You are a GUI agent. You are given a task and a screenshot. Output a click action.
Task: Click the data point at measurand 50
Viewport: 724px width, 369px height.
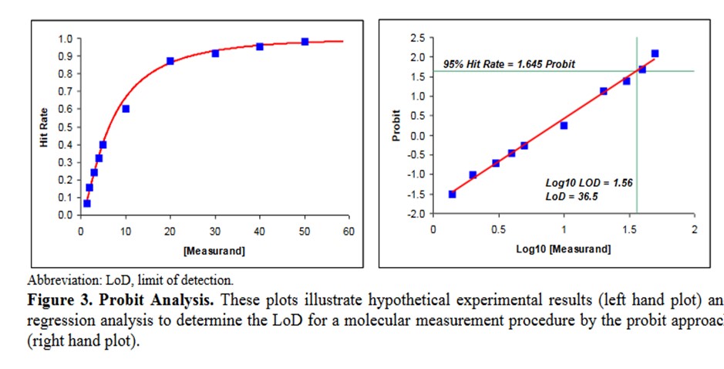click(x=305, y=42)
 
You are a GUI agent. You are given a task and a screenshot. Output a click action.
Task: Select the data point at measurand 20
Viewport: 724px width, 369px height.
click(x=170, y=60)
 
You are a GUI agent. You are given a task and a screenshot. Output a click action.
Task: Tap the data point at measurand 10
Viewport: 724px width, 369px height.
click(x=126, y=109)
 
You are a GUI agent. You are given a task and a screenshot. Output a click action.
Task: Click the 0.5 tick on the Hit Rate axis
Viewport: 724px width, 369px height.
click(x=66, y=127)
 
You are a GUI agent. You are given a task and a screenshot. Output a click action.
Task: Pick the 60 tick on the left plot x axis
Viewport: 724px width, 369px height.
click(x=349, y=230)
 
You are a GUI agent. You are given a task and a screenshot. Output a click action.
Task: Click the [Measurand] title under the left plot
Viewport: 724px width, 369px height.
click(x=214, y=251)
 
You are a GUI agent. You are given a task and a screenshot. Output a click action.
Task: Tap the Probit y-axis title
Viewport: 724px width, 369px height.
click(x=397, y=126)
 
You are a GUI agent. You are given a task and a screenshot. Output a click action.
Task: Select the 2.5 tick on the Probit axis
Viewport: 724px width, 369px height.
click(x=418, y=37)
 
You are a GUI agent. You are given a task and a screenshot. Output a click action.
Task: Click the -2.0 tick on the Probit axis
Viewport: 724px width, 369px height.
click(x=416, y=214)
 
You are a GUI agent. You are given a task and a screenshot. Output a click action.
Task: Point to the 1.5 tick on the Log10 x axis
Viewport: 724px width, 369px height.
click(x=629, y=230)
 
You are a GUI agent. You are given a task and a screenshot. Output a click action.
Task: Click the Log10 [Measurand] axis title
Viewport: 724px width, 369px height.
click(x=564, y=249)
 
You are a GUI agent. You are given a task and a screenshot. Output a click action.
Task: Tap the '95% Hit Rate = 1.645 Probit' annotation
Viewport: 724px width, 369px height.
click(x=509, y=64)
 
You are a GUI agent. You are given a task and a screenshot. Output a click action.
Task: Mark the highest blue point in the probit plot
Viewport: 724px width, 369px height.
click(x=655, y=53)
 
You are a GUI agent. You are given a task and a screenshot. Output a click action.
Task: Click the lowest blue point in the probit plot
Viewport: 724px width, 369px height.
click(x=452, y=194)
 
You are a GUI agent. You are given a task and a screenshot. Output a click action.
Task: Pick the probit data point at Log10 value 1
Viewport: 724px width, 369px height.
click(x=564, y=125)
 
